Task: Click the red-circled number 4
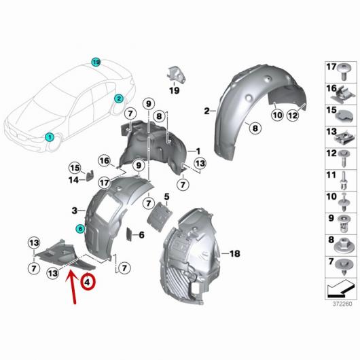click(x=88, y=282)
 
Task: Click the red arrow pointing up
click(x=72, y=287)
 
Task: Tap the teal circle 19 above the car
click(x=96, y=62)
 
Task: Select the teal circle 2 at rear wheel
click(x=119, y=99)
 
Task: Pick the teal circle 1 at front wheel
click(x=50, y=137)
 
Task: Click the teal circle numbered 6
click(x=80, y=229)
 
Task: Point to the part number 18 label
click(x=234, y=254)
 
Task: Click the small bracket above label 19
click(x=176, y=74)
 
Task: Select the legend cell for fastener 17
click(x=341, y=72)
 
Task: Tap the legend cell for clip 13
click(x=341, y=137)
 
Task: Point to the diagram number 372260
click(x=342, y=304)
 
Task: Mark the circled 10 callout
click(x=278, y=115)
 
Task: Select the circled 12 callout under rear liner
click(x=293, y=115)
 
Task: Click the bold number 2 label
click(x=207, y=111)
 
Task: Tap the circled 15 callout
click(x=75, y=168)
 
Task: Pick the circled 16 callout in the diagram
click(x=105, y=161)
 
